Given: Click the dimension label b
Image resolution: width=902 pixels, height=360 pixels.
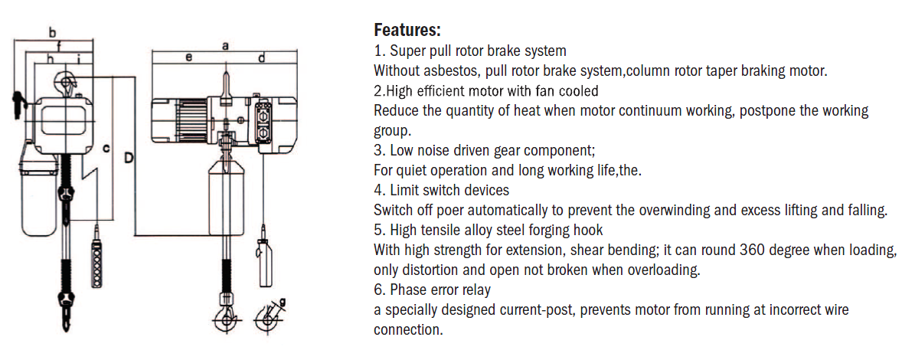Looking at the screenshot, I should click(52, 32).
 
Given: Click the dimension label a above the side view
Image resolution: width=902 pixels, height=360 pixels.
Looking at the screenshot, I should click(224, 46).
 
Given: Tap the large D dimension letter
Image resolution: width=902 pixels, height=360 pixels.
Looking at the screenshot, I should click(129, 159).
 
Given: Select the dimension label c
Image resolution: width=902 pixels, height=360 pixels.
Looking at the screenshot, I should click(107, 147).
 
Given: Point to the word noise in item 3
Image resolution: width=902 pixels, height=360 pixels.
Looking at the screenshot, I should click(434, 150).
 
